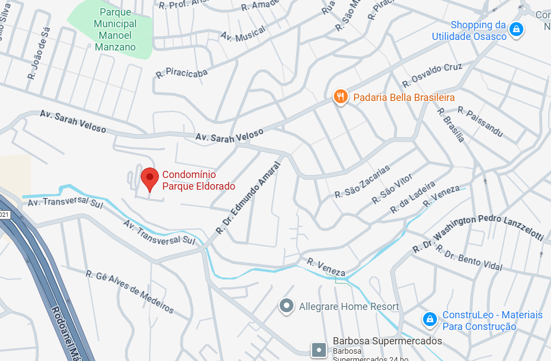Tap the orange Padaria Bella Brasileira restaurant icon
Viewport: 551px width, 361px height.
point(341,98)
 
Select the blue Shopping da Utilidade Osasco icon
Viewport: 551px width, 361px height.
point(516,29)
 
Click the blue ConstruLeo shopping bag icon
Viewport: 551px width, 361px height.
point(429,319)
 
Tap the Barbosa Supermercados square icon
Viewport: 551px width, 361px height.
point(320,349)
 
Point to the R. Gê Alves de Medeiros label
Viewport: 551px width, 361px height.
point(130,292)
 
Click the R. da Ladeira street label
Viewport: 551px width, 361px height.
point(413,197)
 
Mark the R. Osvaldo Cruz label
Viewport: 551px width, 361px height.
point(432,75)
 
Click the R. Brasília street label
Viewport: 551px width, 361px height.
point(450,125)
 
